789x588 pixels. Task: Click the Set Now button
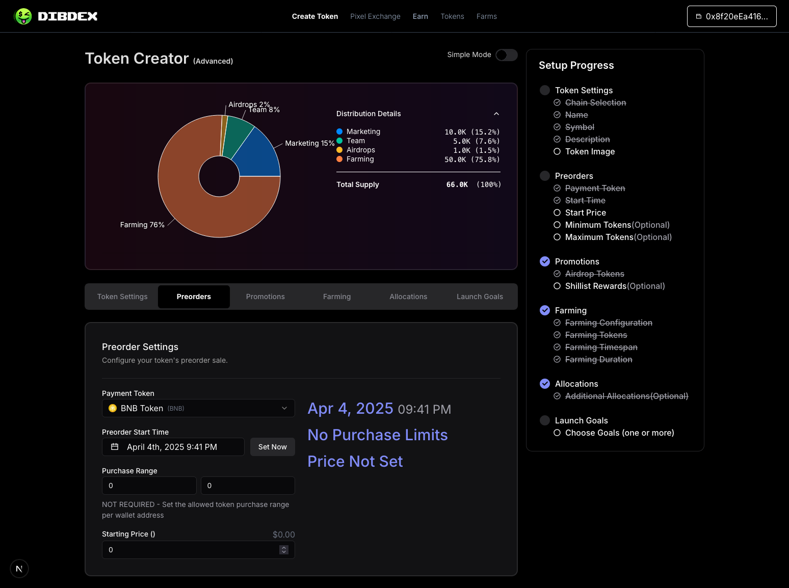[x=272, y=447]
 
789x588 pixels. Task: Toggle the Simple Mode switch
[x=506, y=55]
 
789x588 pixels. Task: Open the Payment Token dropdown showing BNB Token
[x=198, y=408]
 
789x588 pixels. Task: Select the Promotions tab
[x=265, y=297]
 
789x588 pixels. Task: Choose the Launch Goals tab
[x=479, y=297]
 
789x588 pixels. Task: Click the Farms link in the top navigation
[x=486, y=16]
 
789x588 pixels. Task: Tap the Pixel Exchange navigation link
[x=375, y=16]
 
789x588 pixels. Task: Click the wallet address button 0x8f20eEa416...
[x=731, y=16]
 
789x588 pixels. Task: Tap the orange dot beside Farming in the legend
[x=339, y=159]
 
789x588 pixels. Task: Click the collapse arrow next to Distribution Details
[x=496, y=114]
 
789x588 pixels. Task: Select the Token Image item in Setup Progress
[x=590, y=151]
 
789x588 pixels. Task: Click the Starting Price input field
[x=189, y=550]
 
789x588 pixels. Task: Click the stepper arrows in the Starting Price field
[x=284, y=550]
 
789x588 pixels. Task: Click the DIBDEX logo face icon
[x=23, y=16]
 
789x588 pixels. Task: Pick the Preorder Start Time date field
[x=173, y=447]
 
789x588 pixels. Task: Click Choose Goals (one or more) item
[x=619, y=433]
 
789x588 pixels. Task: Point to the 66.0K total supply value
[x=457, y=184]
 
